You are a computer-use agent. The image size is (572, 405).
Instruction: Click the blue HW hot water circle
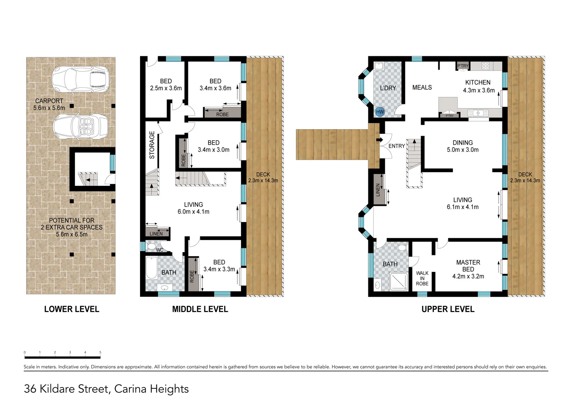[380, 112]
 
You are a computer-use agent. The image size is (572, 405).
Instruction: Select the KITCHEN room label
[478, 82]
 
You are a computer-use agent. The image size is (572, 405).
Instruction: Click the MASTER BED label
[468, 266]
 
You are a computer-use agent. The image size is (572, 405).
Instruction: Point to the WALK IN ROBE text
[422, 278]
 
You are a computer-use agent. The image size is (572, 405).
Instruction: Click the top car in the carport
[80, 79]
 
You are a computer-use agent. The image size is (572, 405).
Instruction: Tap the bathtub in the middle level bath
[152, 267]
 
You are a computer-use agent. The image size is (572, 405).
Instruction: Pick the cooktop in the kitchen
[486, 66]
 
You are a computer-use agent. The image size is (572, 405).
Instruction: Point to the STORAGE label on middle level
[152, 145]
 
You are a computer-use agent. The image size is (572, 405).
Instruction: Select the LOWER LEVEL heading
[71, 309]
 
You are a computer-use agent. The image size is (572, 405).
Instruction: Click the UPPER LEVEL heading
[448, 309]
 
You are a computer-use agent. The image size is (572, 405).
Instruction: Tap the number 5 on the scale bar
[100, 352]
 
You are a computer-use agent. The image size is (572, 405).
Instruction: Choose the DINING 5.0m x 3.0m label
[463, 146]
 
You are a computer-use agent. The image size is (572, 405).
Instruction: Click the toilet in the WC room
[152, 247]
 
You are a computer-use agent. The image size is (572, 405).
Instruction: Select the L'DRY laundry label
[388, 88]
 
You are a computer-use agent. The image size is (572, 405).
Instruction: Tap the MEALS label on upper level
[422, 87]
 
